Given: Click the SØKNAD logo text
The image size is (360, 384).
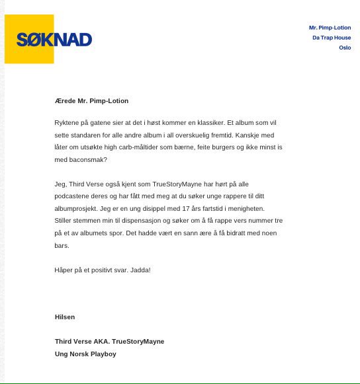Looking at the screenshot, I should (54, 40).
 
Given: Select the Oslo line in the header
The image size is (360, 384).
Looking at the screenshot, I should (345, 48).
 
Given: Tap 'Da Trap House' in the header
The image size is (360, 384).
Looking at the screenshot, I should (332, 38).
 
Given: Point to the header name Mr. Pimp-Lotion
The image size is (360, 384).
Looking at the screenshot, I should (330, 28).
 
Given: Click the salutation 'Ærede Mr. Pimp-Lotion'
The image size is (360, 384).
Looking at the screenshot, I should (91, 100).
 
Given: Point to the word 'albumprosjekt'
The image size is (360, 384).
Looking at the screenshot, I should (74, 208).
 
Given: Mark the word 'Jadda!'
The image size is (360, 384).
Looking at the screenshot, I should (140, 270).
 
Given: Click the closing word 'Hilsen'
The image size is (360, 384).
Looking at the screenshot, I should (65, 317).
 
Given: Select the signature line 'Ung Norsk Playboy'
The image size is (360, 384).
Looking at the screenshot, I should (85, 354).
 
